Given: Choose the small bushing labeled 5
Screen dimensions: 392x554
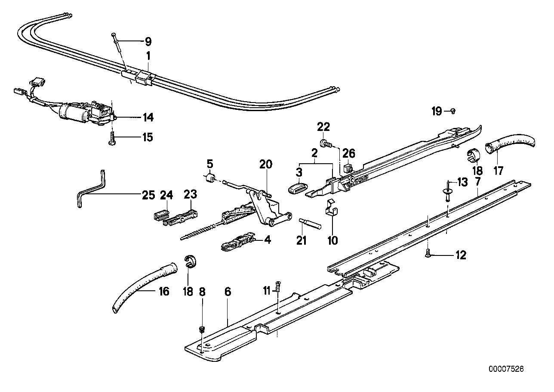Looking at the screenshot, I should click(211, 178).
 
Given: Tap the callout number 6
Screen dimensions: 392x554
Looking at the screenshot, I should click(228, 292).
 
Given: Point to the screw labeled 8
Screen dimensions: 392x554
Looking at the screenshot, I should click(201, 330).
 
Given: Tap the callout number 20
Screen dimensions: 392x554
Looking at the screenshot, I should click(266, 164).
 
